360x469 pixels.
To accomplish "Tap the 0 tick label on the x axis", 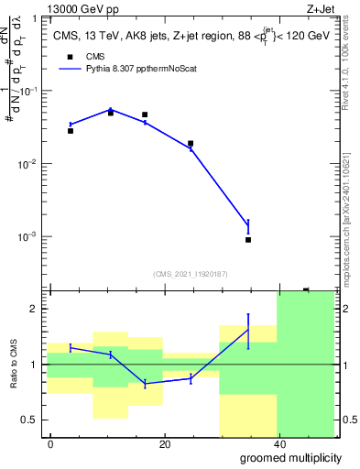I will [x=50, y=444].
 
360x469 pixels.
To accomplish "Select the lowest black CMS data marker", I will [x=248, y=240].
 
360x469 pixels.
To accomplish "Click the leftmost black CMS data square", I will [x=71, y=131].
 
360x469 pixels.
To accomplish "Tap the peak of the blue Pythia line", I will [x=111, y=109].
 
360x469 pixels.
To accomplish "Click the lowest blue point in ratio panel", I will [x=146, y=384].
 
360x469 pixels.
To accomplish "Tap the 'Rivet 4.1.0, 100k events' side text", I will [x=349, y=92].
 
